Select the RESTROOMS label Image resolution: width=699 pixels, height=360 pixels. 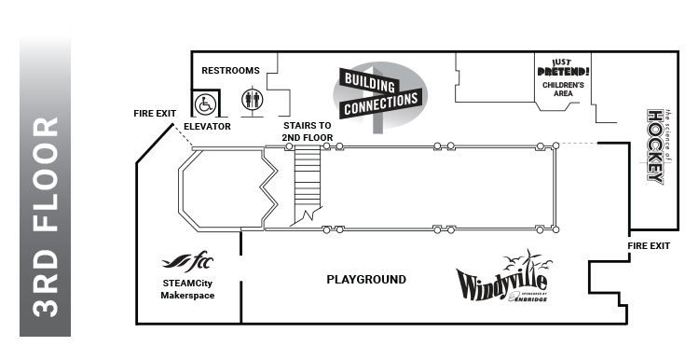[x=229, y=70]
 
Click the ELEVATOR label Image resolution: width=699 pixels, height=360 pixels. [x=207, y=126]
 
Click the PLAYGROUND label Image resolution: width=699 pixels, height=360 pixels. [x=365, y=280]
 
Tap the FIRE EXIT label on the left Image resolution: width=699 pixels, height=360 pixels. [x=154, y=114]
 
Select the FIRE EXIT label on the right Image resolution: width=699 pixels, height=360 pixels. [x=649, y=246]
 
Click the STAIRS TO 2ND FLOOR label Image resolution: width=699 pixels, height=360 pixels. [x=308, y=132]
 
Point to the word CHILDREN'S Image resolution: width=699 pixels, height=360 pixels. [x=563, y=85]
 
